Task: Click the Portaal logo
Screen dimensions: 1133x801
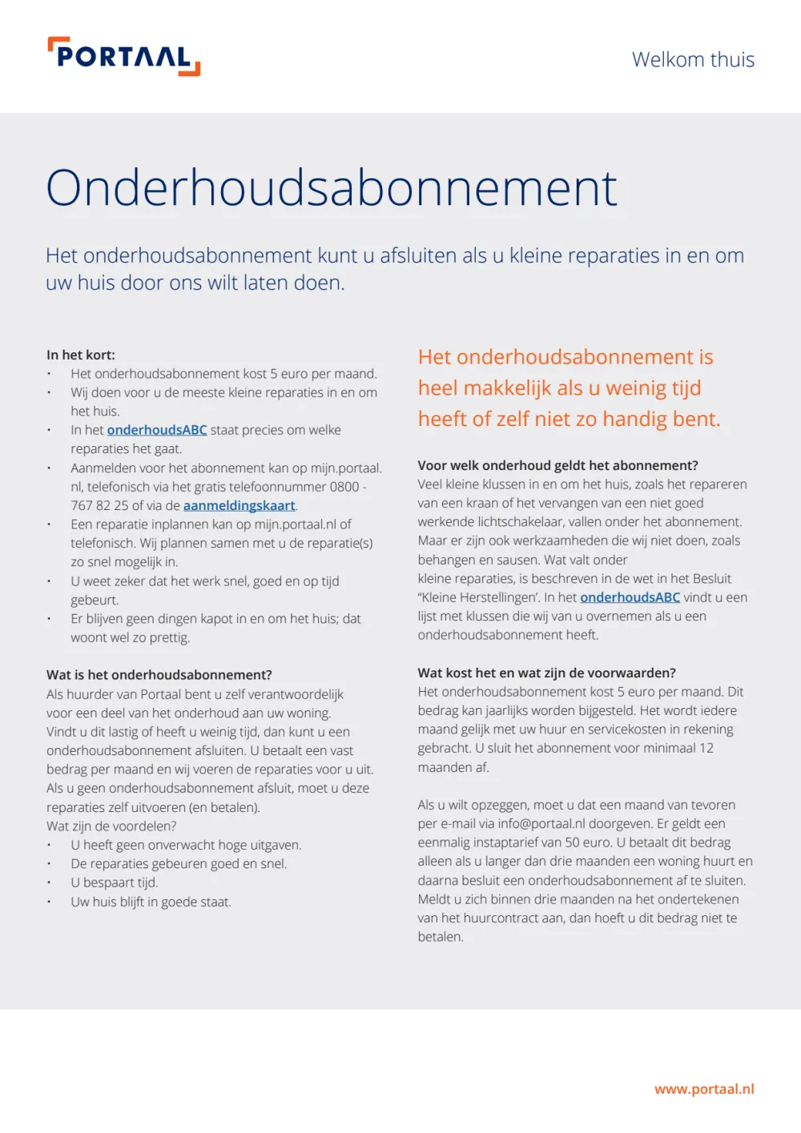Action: click(124, 57)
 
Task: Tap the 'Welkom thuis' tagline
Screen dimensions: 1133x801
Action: click(693, 60)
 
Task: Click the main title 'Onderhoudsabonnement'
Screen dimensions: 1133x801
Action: click(331, 188)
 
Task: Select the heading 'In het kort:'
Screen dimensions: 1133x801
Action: click(81, 355)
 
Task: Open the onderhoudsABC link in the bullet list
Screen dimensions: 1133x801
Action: click(157, 430)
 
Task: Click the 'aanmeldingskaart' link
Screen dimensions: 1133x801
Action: click(239, 505)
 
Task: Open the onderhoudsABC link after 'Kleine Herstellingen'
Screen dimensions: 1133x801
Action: click(630, 597)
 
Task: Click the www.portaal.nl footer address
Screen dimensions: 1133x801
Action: click(704, 1089)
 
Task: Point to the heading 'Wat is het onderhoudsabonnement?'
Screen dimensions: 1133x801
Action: click(159, 675)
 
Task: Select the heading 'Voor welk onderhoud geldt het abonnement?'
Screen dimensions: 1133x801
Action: click(557, 465)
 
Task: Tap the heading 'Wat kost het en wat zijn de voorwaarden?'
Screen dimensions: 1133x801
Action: click(546, 673)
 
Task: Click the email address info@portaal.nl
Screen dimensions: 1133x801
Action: click(541, 823)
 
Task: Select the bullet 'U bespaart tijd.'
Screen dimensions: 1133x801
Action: click(115, 882)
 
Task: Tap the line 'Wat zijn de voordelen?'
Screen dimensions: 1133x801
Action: click(111, 826)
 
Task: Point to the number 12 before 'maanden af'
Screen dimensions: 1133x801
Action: click(706, 748)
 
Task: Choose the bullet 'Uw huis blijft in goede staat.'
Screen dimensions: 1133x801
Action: click(151, 902)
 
